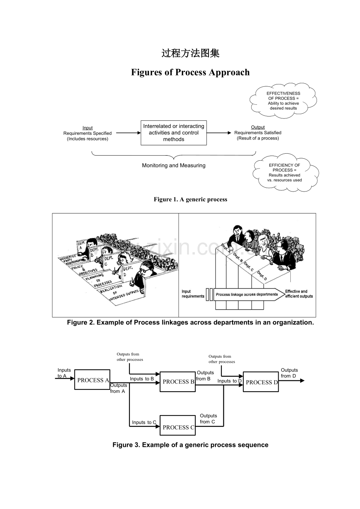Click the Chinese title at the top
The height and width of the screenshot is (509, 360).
coord(191,54)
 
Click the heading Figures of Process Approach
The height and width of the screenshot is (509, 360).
coord(190,72)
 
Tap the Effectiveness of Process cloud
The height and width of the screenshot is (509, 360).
coord(284,100)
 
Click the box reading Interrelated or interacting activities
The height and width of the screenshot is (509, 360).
coord(174,133)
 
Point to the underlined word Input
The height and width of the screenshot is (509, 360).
coord(88,128)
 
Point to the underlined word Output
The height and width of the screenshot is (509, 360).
coord(258,127)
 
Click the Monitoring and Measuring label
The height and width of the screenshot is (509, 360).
coord(174,165)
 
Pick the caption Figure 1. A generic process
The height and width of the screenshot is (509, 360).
coord(190,199)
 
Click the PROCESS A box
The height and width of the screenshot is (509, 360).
coord(92,380)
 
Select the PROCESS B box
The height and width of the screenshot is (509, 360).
coord(178,382)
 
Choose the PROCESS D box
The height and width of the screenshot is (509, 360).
coord(261,382)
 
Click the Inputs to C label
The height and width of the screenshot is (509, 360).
coord(144,422)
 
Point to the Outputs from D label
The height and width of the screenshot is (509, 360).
coord(289,373)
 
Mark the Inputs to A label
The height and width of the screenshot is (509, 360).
coord(64,373)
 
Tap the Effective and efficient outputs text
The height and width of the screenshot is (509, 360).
coord(299,294)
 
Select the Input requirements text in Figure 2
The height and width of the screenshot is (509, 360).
coord(193,294)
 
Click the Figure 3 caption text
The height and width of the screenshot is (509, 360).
coord(190,445)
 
